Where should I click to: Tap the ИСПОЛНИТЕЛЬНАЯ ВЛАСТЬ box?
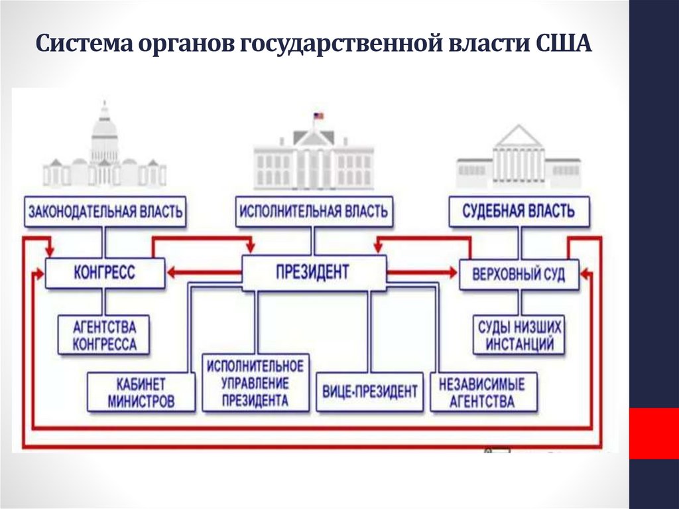click(x=313, y=212)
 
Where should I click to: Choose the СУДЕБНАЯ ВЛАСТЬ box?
click(x=519, y=212)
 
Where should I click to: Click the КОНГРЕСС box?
click(x=105, y=272)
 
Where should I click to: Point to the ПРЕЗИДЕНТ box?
click(x=313, y=272)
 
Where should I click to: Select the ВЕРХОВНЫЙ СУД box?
click(x=519, y=273)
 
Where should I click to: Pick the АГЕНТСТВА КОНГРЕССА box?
click(x=104, y=335)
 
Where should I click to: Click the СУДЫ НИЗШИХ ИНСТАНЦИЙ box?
click(x=519, y=335)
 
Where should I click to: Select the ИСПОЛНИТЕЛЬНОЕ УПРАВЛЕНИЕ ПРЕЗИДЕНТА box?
click(x=255, y=383)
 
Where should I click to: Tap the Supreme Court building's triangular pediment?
click(x=519, y=137)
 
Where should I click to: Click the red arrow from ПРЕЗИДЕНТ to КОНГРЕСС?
click(x=203, y=272)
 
